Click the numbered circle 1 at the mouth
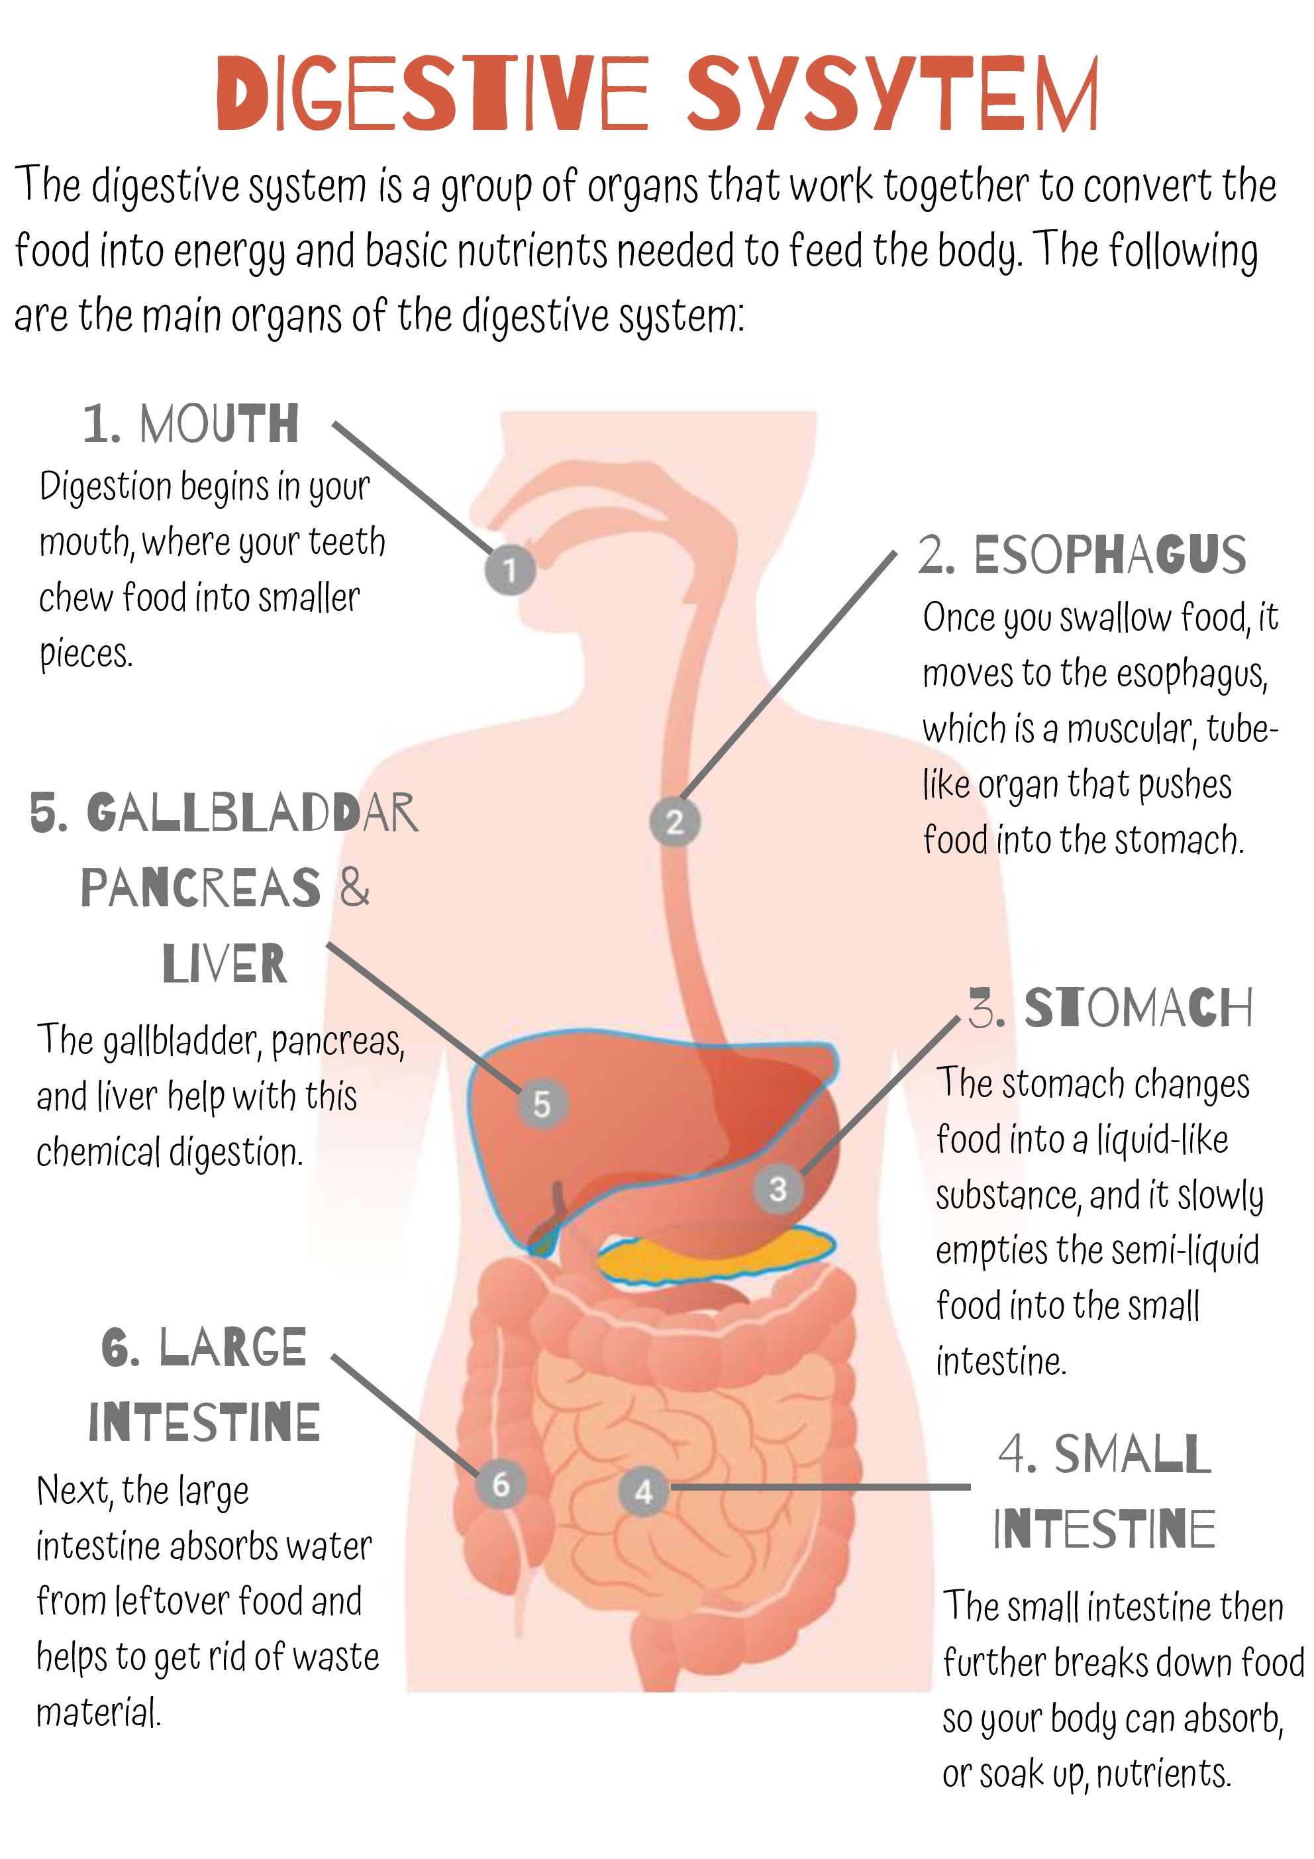point(509,570)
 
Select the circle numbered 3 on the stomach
point(778,1189)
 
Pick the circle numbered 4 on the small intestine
point(644,1491)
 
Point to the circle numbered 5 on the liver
point(542,1104)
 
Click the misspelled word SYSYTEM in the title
point(892,93)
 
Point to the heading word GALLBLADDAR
point(252,813)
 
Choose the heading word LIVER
point(225,963)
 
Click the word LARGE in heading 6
point(232,1348)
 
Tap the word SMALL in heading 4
point(1131,1454)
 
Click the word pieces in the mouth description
point(85,653)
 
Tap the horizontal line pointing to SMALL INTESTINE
point(818,1487)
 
